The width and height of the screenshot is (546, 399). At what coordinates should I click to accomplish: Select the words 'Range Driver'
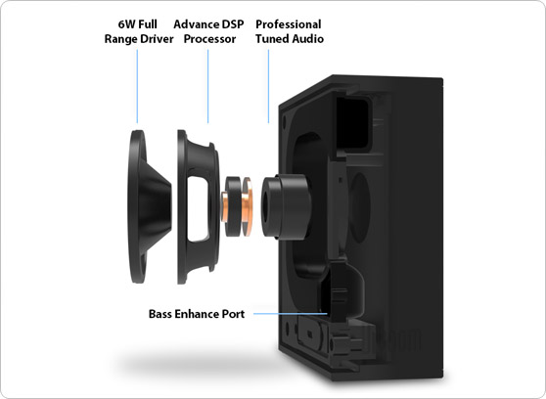click(x=138, y=39)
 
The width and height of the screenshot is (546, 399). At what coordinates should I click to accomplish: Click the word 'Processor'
click(x=207, y=39)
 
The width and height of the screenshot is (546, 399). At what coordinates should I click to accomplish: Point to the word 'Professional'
click(x=288, y=23)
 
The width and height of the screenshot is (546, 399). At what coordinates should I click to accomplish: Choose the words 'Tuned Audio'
click(x=288, y=39)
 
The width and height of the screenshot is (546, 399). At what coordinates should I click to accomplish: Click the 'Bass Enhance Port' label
click(x=197, y=314)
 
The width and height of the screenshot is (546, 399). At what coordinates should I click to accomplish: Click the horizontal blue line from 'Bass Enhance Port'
click(x=294, y=315)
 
